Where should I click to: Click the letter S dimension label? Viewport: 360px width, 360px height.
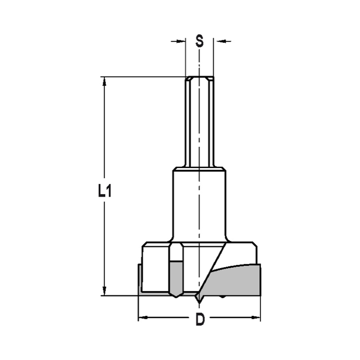tap(199, 41)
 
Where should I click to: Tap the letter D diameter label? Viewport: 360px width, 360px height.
tap(200, 319)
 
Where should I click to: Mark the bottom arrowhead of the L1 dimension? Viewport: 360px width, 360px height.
tap(105, 291)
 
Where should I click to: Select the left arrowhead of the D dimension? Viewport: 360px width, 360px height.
tap(143, 318)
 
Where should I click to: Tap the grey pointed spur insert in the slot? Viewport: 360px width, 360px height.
tap(175, 279)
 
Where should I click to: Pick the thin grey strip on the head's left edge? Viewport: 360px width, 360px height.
tap(140, 279)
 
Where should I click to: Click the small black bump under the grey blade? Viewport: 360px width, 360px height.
tap(222, 297)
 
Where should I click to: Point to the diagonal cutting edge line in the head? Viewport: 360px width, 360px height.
tap(212, 268)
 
